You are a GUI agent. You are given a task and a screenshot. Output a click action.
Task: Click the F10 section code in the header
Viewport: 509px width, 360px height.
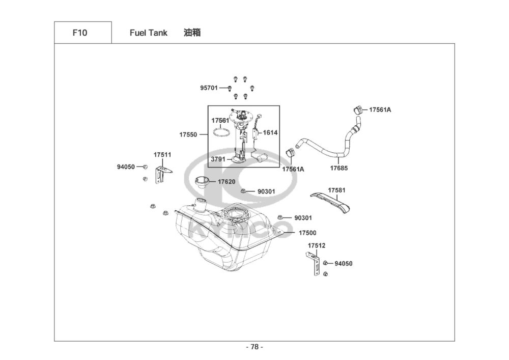tap(79, 33)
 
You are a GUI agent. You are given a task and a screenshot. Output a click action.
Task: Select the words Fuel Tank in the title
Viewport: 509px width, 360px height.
tap(148, 33)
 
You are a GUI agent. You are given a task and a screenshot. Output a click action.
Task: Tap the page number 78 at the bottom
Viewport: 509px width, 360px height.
tap(254, 347)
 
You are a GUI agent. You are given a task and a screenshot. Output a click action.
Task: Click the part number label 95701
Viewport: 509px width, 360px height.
tap(209, 88)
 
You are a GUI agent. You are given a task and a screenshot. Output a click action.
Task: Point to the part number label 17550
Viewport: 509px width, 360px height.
tap(188, 134)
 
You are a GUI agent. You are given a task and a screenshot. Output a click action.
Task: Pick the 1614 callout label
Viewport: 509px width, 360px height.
tap(270, 132)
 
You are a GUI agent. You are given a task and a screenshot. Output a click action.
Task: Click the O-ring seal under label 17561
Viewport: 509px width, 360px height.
tap(222, 132)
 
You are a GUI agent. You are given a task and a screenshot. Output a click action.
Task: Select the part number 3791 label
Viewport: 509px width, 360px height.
tap(218, 159)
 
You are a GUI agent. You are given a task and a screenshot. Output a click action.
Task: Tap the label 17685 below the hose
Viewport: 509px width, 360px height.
tap(339, 168)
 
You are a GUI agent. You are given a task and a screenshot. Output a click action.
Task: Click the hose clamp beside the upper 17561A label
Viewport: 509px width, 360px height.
tap(358, 109)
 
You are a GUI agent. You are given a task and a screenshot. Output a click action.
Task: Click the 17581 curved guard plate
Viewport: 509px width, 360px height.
tap(331, 203)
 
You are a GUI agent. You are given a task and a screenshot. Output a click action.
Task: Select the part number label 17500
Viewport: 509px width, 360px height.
tap(307, 233)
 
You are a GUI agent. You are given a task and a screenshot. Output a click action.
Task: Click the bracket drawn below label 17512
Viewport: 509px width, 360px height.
tap(314, 264)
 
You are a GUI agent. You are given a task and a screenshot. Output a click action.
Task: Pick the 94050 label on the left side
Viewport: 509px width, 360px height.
tap(126, 167)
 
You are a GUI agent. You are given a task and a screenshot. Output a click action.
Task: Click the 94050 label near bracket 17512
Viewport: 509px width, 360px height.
tap(344, 264)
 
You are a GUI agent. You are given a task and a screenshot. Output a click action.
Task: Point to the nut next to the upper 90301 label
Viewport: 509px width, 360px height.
tap(243, 191)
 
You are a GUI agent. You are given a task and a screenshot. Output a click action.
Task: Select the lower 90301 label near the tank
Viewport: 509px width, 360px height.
tap(303, 218)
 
